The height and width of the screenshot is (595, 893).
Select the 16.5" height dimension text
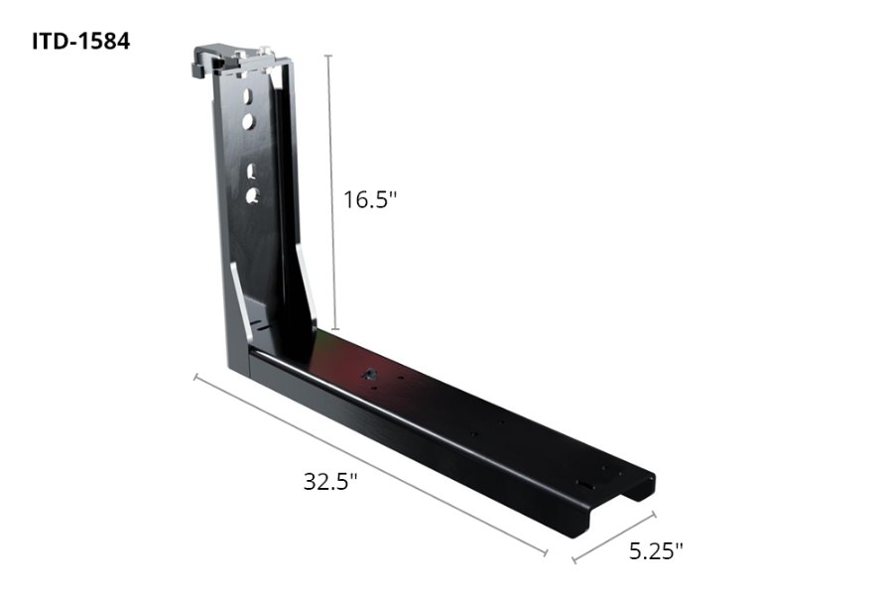point(370,199)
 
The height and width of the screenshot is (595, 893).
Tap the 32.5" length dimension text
point(330,483)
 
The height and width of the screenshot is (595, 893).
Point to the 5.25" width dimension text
point(656,550)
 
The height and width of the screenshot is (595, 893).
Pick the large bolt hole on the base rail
point(369,374)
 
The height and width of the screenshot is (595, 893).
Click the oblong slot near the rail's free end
point(583,483)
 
